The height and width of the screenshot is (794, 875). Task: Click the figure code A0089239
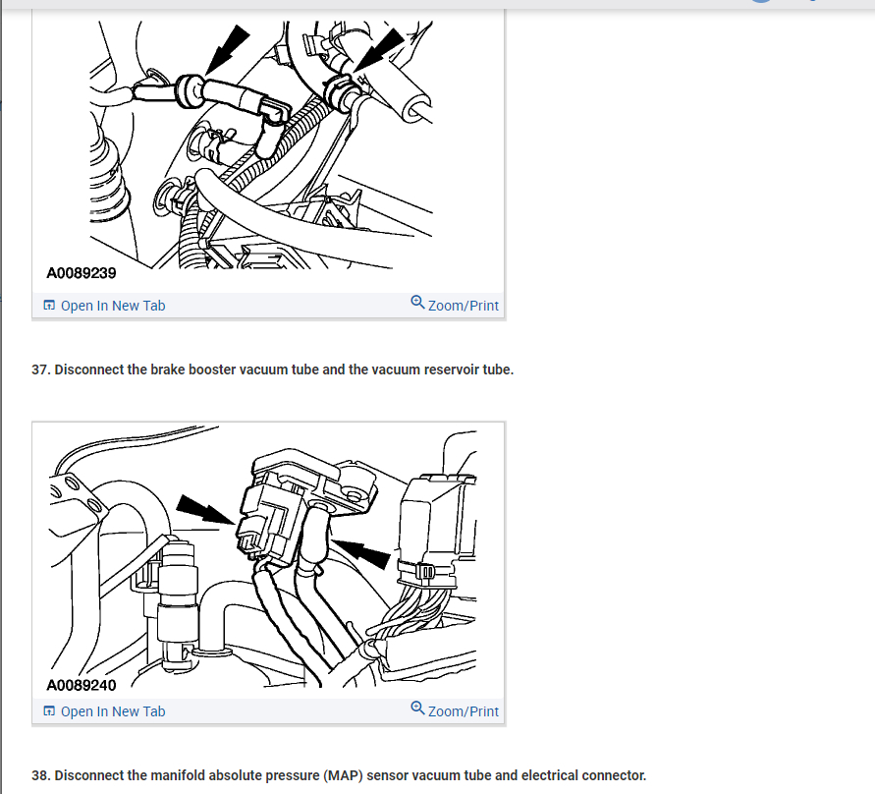point(82,273)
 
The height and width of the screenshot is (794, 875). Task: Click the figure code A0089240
point(82,685)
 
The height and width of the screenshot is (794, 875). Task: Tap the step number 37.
point(40,369)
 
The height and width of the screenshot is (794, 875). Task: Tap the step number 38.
point(40,775)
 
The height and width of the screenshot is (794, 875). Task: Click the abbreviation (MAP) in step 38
point(343,775)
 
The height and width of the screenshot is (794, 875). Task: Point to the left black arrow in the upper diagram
point(226,50)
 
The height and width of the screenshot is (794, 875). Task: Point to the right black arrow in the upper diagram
point(379,50)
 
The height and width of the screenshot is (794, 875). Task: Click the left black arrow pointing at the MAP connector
point(205,509)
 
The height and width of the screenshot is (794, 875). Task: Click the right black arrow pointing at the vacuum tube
point(361,553)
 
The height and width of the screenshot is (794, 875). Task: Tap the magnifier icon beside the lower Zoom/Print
point(417,708)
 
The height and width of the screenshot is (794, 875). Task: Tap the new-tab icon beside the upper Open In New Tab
point(49,305)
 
